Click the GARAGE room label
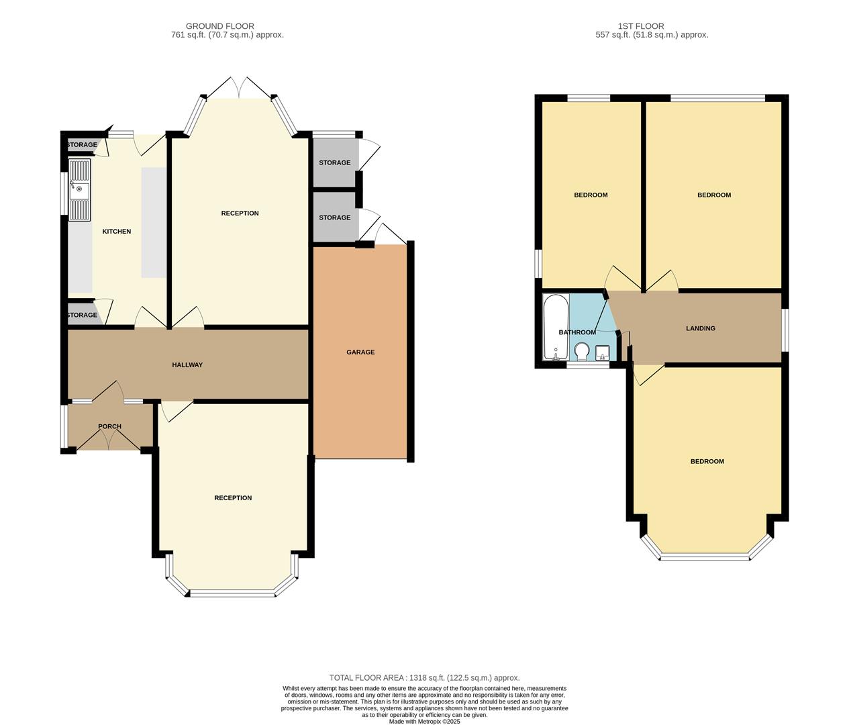[x=360, y=352]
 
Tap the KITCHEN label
[x=116, y=232]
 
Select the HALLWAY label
[x=187, y=365]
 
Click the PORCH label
[x=109, y=426]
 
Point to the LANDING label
[x=700, y=328]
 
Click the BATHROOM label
[x=577, y=332]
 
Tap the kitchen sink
[x=79, y=190]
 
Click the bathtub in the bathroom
[x=556, y=327]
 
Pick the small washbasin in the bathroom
[x=602, y=352]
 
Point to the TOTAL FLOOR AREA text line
[x=424, y=678]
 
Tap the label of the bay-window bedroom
[x=707, y=461]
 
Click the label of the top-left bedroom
[x=591, y=195]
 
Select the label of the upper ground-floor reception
[x=240, y=213]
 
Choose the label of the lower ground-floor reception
[x=233, y=498]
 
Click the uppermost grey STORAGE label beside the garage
[x=334, y=162]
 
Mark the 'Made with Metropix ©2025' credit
[x=424, y=722]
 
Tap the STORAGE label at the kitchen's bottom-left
[x=82, y=315]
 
